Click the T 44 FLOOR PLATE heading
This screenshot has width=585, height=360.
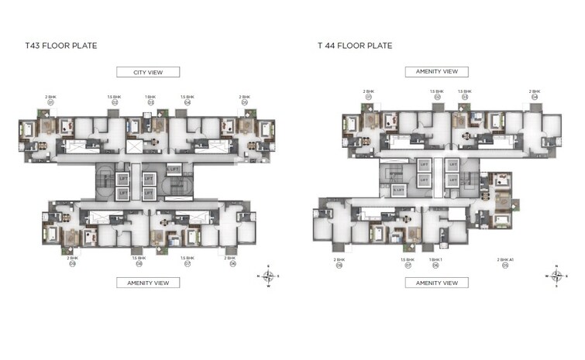point(355,46)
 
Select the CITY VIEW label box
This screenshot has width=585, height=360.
point(148,72)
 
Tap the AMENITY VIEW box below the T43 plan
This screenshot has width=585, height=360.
point(148,283)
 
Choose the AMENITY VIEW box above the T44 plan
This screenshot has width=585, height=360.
point(436,72)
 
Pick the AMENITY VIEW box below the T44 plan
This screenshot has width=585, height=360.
point(436,283)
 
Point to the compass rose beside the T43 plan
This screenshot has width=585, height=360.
point(268,276)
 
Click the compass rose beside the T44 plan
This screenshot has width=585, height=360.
point(556,276)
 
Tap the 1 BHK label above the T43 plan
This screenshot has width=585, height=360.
point(150,97)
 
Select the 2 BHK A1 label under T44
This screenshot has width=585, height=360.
point(505,259)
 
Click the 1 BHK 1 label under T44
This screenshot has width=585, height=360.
point(436,259)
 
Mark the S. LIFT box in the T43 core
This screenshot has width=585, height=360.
point(174,169)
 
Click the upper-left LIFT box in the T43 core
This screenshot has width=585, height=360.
point(122,178)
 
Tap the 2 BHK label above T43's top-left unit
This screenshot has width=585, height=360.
point(52,97)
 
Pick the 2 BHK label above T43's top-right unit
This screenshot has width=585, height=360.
point(245,97)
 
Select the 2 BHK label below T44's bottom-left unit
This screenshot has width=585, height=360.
point(339,259)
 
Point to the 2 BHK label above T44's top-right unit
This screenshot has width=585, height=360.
point(535,91)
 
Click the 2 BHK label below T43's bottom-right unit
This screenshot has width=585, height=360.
point(230,257)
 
